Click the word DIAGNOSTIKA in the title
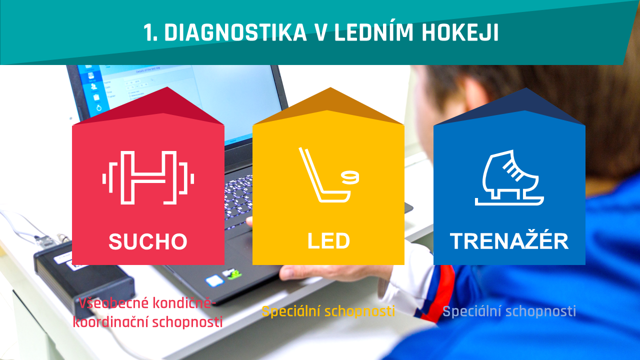click(235, 32)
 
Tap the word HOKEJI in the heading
click(460, 32)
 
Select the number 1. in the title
click(150, 32)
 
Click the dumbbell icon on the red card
click(148, 177)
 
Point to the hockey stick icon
click(324, 175)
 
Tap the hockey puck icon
click(350, 177)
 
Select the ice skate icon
click(509, 177)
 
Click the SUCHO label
click(148, 241)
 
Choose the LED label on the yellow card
click(328, 241)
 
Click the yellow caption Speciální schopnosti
click(328, 311)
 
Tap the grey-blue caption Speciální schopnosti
click(509, 311)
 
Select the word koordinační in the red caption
click(111, 321)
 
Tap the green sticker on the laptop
click(233, 274)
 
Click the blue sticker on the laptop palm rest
click(214, 280)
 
